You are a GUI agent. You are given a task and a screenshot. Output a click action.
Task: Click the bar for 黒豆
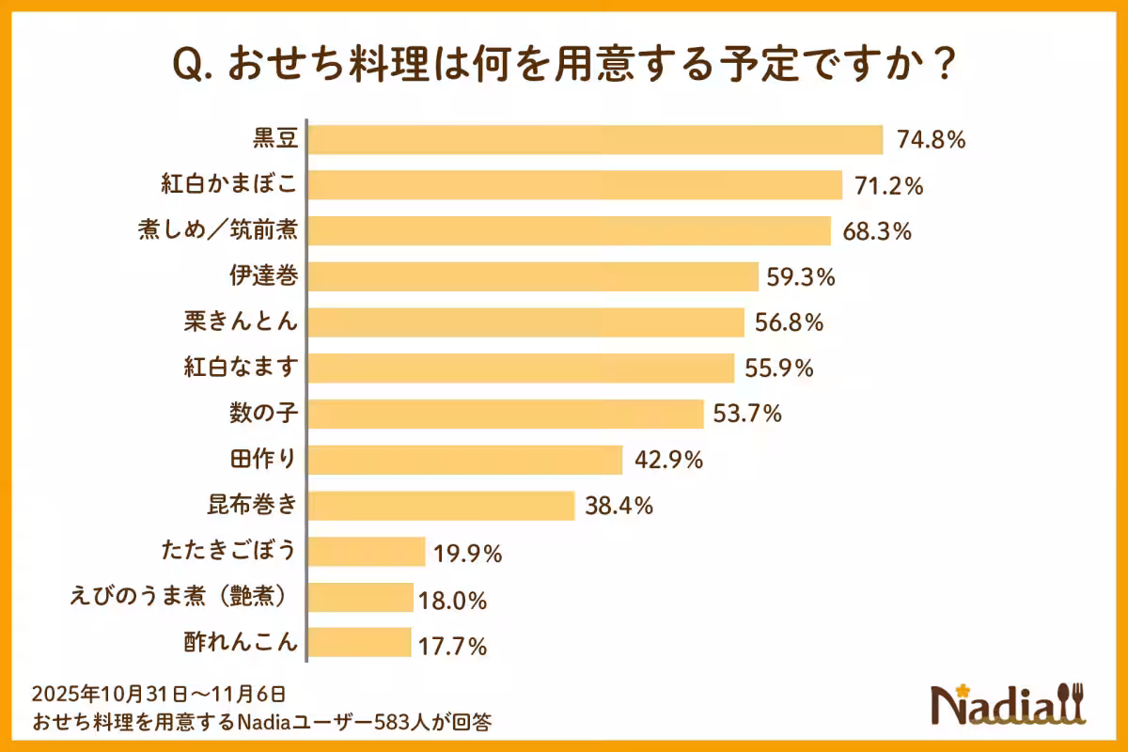(596, 140)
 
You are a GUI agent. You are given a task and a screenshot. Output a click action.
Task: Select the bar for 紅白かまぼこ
(575, 185)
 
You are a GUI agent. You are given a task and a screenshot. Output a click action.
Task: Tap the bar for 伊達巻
(533, 276)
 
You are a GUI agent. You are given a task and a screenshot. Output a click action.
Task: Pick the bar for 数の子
(506, 414)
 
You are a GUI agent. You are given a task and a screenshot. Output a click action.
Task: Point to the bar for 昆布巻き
(441, 506)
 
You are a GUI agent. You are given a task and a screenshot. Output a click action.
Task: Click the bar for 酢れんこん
(360, 644)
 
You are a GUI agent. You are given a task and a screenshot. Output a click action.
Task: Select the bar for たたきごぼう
(367, 552)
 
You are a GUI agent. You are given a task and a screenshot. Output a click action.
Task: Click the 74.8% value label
(932, 141)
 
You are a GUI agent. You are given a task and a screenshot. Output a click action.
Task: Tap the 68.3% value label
(877, 231)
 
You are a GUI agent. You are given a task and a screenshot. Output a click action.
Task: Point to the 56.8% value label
(790, 322)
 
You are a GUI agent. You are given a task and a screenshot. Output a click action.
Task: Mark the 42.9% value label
(668, 461)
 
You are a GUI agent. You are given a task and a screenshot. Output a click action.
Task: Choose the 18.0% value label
(459, 599)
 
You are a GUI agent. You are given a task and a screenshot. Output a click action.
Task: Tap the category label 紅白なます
(241, 368)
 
